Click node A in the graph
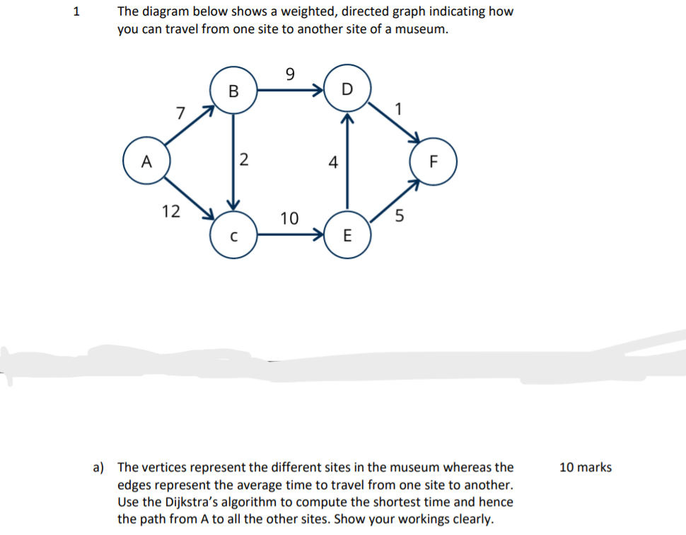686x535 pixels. (146, 161)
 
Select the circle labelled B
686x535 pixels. (233, 90)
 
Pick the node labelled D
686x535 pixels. (346, 88)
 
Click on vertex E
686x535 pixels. (346, 236)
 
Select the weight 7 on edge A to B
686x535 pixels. (180, 113)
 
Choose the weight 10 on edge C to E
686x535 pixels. (289, 218)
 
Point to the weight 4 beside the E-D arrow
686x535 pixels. (332, 162)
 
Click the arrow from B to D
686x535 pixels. (290, 91)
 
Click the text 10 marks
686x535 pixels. (585, 467)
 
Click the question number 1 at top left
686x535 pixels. (77, 12)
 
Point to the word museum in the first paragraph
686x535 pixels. (422, 30)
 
